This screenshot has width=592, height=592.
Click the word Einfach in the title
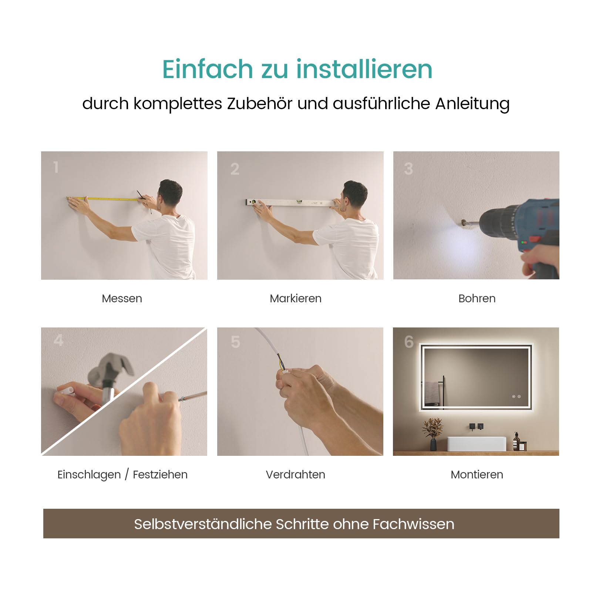[x=208, y=69]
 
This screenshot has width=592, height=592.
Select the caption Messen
[x=122, y=298]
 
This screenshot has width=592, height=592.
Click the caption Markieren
[x=296, y=298]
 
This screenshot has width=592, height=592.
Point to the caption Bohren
[x=477, y=298]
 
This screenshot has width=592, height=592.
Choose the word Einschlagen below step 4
[x=89, y=475]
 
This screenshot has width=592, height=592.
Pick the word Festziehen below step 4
[x=160, y=474]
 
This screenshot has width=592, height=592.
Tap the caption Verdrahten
[x=296, y=474]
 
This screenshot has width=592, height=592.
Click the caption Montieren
[x=477, y=474]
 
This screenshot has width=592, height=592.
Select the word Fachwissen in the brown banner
[x=413, y=524]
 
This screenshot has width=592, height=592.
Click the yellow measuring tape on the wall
[x=104, y=199]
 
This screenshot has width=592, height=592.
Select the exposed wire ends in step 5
[x=281, y=363]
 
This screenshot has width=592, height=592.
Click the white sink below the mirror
[x=476, y=443]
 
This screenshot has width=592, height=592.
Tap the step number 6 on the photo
[x=409, y=342]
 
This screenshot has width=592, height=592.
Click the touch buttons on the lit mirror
[x=516, y=397]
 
